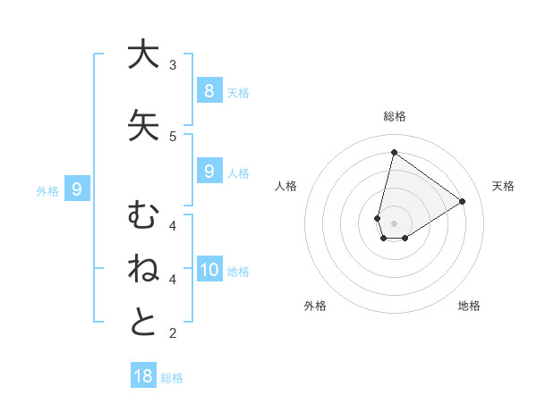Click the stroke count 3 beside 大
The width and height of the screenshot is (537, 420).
pyautogui.click(x=173, y=65)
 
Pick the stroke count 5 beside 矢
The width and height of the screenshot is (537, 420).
pyautogui.click(x=173, y=137)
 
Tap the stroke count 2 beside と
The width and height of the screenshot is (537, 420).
pyautogui.click(x=173, y=333)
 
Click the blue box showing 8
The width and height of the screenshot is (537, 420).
pyautogui.click(x=209, y=90)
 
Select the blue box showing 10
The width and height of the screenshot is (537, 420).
pyautogui.click(x=209, y=269)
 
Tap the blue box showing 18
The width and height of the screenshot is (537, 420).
pyautogui.click(x=143, y=376)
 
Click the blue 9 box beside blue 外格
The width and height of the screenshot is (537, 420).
pyautogui.click(x=78, y=189)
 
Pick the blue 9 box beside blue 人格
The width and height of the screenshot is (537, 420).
pyautogui.click(x=209, y=172)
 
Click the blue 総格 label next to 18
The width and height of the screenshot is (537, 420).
pyautogui.click(x=172, y=378)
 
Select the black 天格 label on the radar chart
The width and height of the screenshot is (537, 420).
pyautogui.click(x=503, y=186)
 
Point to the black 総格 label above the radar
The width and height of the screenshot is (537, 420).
pyautogui.click(x=394, y=116)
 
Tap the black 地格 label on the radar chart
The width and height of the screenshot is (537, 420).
pyautogui.click(x=469, y=306)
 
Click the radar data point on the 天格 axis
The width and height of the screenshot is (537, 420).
pyautogui.click(x=463, y=201)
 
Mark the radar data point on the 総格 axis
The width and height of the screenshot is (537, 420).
pyautogui.click(x=394, y=152)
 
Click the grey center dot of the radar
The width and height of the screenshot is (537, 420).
pyautogui.click(x=394, y=223)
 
